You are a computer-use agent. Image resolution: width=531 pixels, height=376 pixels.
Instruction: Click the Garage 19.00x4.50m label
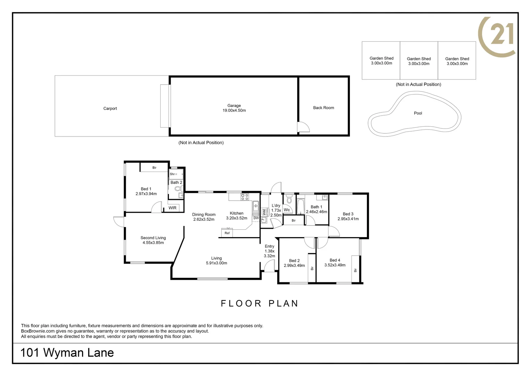click(x=234, y=108)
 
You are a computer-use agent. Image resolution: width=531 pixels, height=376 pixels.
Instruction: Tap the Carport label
click(x=110, y=109)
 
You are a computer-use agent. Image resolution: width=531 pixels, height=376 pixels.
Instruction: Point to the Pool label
click(x=418, y=113)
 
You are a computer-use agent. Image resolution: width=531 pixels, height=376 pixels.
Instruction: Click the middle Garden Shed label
click(x=419, y=61)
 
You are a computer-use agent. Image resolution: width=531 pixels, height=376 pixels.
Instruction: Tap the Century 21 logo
click(x=497, y=36)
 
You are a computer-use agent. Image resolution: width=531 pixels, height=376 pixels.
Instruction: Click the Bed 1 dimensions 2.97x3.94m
click(x=146, y=194)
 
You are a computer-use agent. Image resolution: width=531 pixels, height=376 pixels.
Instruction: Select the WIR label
click(x=172, y=208)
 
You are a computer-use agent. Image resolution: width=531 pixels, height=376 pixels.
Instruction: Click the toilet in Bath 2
click(x=178, y=189)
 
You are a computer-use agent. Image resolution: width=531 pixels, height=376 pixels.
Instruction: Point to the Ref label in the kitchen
click(x=227, y=233)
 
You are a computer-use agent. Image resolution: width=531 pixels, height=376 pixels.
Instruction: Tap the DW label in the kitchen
click(x=256, y=218)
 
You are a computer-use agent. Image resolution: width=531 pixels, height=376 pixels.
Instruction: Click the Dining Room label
click(x=204, y=214)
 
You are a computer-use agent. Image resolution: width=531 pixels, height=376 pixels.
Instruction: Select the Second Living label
click(x=153, y=238)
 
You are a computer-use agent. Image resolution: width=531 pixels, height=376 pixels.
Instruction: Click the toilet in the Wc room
click(x=289, y=199)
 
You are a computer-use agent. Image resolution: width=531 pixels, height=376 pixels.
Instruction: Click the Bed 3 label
click(x=348, y=214)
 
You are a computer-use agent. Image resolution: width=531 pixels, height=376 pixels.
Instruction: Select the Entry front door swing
click(x=269, y=267)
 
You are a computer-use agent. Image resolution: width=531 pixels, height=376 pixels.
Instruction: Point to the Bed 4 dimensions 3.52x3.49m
click(x=335, y=265)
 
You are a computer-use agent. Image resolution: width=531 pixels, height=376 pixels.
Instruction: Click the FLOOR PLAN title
click(x=259, y=304)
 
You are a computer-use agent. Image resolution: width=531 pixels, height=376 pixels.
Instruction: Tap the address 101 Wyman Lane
click(x=67, y=353)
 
